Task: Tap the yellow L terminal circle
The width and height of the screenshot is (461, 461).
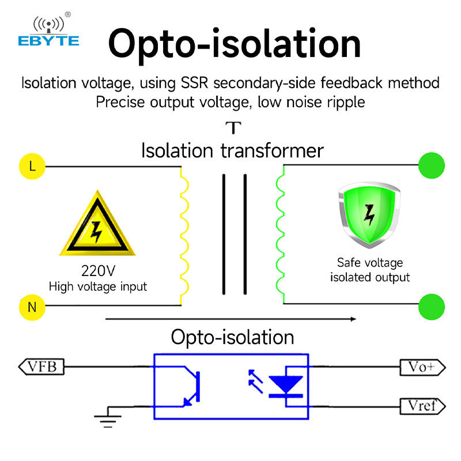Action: (32, 167)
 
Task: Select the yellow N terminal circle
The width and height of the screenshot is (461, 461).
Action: (32, 307)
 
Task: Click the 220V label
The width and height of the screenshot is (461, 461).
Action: (97, 270)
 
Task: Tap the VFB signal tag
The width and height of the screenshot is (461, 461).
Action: (41, 366)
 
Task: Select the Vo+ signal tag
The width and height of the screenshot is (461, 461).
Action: (422, 366)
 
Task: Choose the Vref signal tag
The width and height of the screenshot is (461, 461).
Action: (422, 406)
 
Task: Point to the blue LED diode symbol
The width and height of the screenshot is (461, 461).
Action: (286, 386)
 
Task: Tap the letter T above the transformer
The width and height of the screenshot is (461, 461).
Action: (232, 127)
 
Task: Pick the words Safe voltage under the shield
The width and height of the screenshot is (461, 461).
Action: (370, 263)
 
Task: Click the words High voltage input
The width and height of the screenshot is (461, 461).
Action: (97, 286)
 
